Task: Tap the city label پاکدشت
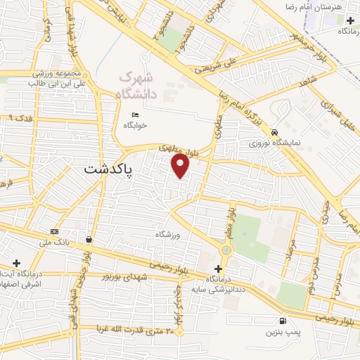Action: (x=111, y=169)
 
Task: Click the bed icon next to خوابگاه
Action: (x=136, y=115)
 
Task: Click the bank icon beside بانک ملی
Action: (x=55, y=233)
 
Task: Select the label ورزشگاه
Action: (x=169, y=234)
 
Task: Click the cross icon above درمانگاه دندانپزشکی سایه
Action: (x=218, y=269)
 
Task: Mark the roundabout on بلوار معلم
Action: (x=226, y=250)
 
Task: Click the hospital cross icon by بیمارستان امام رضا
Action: (x=350, y=21)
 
